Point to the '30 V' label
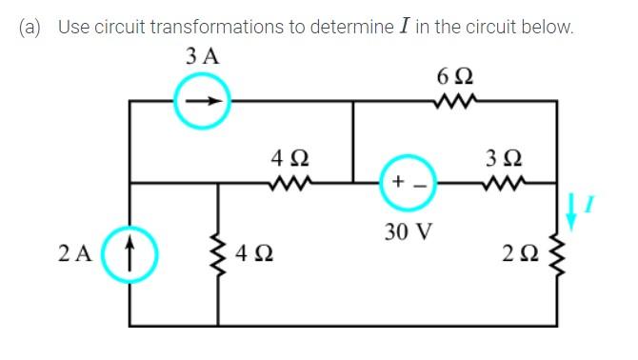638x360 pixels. [409, 231]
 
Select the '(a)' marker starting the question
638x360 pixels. [33, 27]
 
